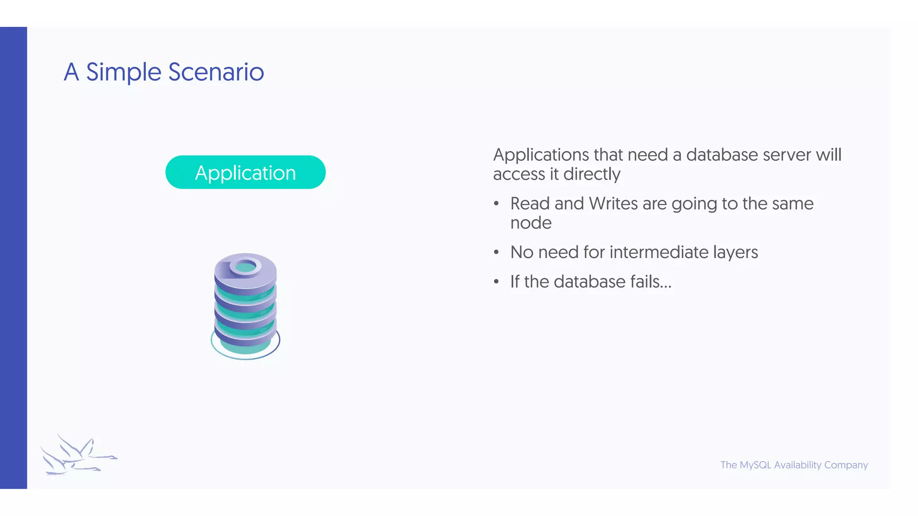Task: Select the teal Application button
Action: [x=245, y=172]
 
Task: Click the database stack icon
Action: [x=245, y=307]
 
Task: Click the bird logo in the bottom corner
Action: [x=78, y=455]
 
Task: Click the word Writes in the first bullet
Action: [x=613, y=204]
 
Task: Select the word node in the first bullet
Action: [x=531, y=223]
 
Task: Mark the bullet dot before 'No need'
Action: [x=496, y=253]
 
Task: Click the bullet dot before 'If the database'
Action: [x=496, y=282]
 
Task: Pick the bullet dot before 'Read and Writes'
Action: [x=496, y=204]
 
